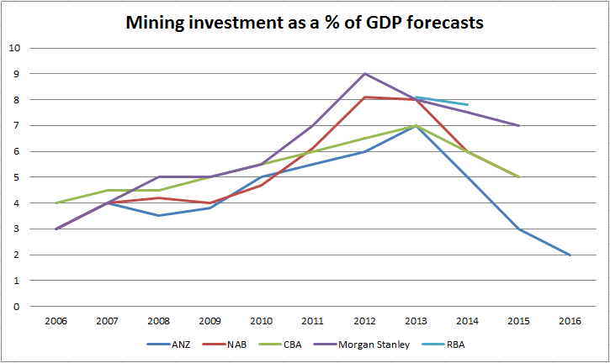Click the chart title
tap(305, 23)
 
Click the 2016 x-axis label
tap(570, 320)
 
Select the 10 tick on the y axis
tap(13, 47)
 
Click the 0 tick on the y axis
tap(15, 307)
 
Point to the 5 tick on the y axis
tap(15, 177)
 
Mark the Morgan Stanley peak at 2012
tap(364, 73)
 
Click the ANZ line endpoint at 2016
tap(570, 255)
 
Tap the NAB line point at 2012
tap(364, 97)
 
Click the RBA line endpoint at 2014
tap(467, 104)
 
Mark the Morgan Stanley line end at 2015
tap(518, 125)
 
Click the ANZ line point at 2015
tap(518, 229)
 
